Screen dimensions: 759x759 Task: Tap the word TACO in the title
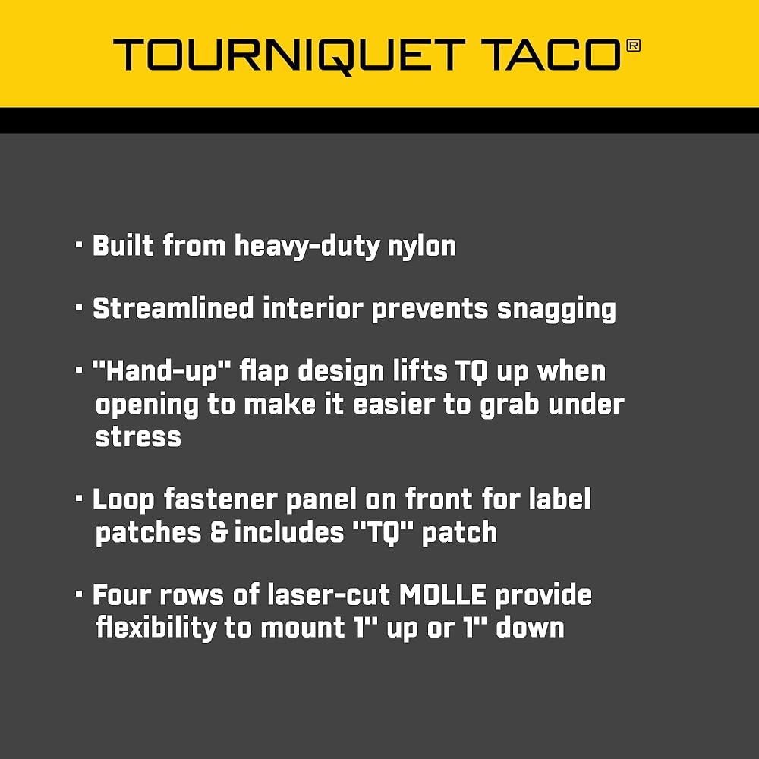[x=550, y=55]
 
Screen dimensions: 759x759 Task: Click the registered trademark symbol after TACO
[x=633, y=46]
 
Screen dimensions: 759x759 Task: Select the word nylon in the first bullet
[x=421, y=247]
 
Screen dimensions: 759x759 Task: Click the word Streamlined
[x=173, y=308]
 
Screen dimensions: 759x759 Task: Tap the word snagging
[x=556, y=310]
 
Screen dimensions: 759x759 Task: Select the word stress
[x=138, y=436]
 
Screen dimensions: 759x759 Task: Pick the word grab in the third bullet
[x=509, y=405]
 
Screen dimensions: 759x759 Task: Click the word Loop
[x=124, y=500]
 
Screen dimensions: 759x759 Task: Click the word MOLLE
[x=442, y=594]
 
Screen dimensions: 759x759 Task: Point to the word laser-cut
[x=329, y=594]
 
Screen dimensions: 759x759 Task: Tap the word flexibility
[x=156, y=628]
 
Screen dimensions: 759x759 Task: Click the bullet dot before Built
[x=80, y=245]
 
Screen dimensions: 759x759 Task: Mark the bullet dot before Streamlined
[x=80, y=307]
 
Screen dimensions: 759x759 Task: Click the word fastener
[x=220, y=499]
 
